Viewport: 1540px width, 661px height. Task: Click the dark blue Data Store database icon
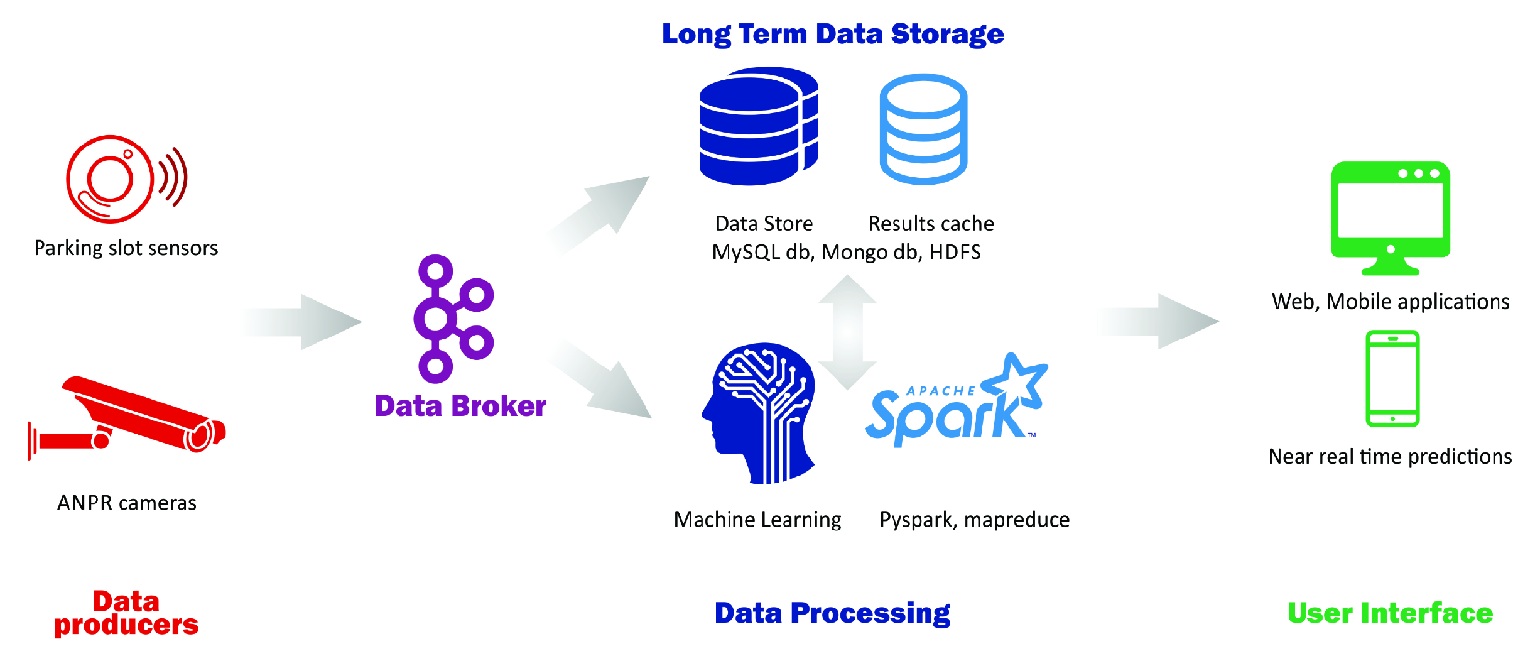(757, 126)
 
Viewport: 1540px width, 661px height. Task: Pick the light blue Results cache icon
(923, 129)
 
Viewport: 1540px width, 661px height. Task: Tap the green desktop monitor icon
(1391, 217)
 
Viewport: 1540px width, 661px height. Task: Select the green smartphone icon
(1392, 378)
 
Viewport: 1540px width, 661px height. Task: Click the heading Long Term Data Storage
(833, 34)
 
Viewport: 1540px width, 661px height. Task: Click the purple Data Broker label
(460, 406)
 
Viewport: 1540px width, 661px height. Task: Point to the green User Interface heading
(1390, 613)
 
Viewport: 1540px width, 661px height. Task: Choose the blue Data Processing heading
(832, 613)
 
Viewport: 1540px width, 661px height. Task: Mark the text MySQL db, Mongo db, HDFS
(846, 252)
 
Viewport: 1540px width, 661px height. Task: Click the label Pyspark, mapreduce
(974, 520)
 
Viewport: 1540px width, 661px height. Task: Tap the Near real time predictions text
(1390, 456)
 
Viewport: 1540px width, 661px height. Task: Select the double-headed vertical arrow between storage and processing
(847, 332)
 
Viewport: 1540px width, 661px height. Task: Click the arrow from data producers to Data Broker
(305, 321)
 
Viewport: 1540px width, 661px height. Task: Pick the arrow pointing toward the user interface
(1159, 321)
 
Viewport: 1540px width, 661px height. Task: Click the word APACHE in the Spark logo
(941, 391)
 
